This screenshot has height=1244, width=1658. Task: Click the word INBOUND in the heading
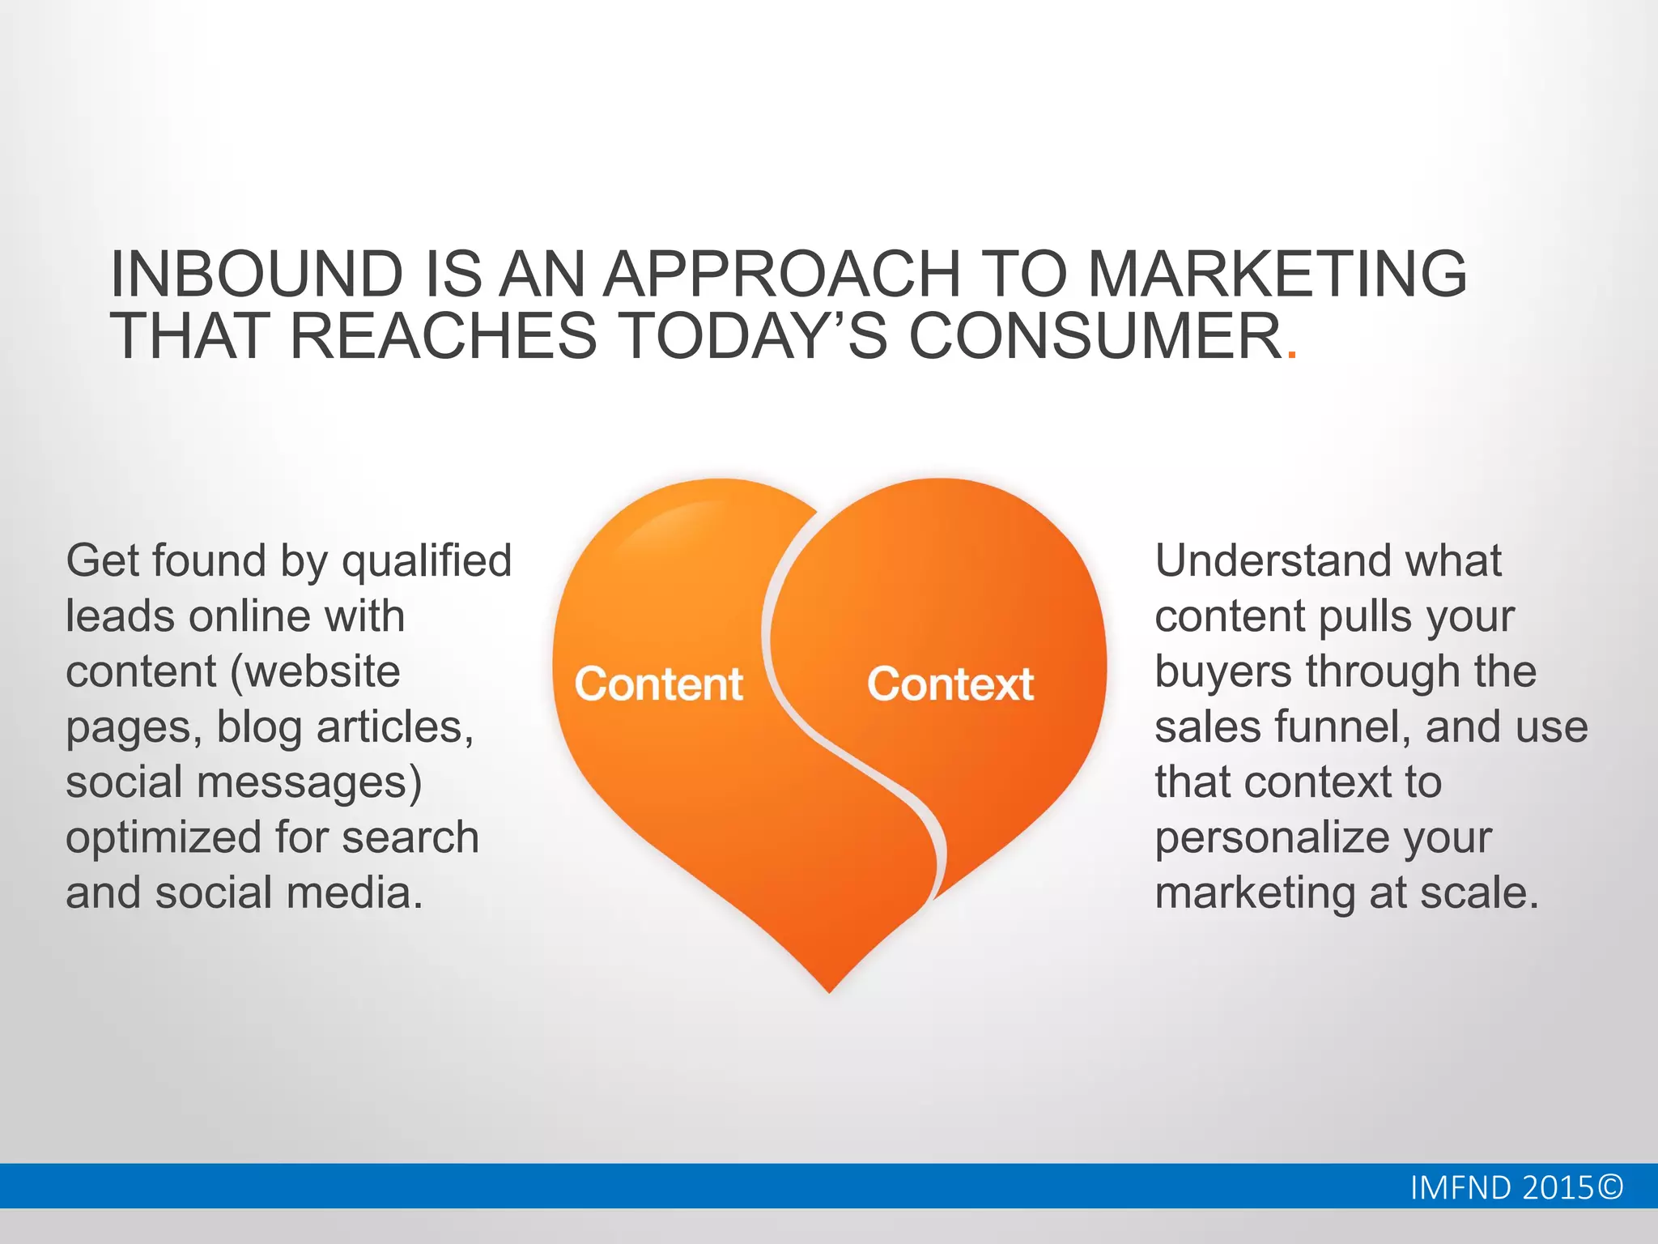(256, 274)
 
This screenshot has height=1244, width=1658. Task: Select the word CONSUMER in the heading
(1095, 336)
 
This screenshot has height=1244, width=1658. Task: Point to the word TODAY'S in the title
(752, 336)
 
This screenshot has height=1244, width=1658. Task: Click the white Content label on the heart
(658, 684)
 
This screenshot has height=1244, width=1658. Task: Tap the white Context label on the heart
(950, 684)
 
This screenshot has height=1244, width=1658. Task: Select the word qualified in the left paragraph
(427, 561)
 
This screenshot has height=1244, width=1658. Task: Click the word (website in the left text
(315, 672)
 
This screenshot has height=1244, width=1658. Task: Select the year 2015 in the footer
(1558, 1187)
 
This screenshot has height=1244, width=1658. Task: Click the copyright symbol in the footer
(1610, 1187)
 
